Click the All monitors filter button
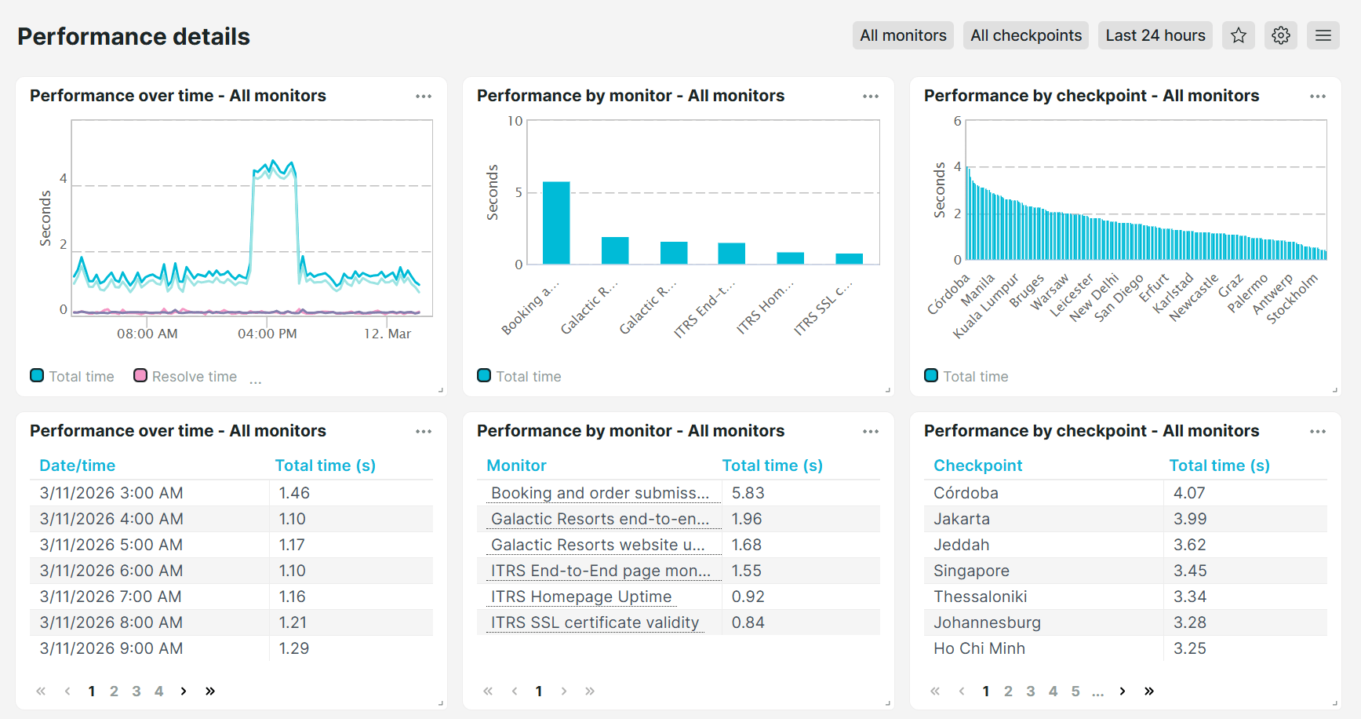[x=903, y=35]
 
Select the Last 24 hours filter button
[x=1155, y=35]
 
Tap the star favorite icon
[x=1239, y=35]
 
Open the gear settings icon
[x=1281, y=35]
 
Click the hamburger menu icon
[x=1323, y=35]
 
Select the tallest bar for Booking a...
[x=556, y=223]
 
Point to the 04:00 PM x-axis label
[x=267, y=334]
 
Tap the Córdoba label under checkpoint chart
[x=948, y=294]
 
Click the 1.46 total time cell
[x=294, y=493]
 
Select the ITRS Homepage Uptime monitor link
[x=581, y=597]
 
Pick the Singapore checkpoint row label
[x=971, y=571]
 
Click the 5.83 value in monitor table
[x=748, y=493]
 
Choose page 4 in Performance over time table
[x=158, y=691]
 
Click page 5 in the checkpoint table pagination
[x=1075, y=691]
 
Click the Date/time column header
[x=78, y=465]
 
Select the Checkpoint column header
[x=977, y=465]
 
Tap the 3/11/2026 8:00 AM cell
[x=111, y=622]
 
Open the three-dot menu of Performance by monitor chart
[x=871, y=96]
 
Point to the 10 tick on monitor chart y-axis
[x=515, y=121]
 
